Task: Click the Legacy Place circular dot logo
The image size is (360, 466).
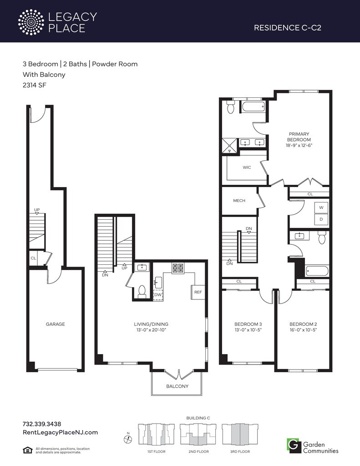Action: coord(31,22)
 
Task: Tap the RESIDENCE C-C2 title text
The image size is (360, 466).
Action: coord(288,28)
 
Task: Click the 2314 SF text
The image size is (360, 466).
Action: coord(35,85)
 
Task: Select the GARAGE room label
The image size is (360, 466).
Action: coord(55,324)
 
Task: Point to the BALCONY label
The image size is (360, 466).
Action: coord(177,386)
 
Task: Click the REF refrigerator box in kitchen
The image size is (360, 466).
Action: coord(198,292)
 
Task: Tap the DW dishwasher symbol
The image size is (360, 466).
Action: coord(158,295)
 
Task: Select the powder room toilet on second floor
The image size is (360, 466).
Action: coord(142,291)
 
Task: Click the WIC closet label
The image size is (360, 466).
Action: coord(247,167)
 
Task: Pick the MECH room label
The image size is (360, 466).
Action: coord(239,201)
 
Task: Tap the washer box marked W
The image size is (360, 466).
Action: coord(321,208)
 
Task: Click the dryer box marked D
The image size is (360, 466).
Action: coord(321,219)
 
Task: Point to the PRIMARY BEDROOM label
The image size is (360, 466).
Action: coord(299,137)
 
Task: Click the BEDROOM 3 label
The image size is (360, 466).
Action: coord(248,324)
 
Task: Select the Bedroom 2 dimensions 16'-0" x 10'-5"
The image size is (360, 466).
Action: coord(303,330)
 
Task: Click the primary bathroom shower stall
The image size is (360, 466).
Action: coord(230,146)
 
